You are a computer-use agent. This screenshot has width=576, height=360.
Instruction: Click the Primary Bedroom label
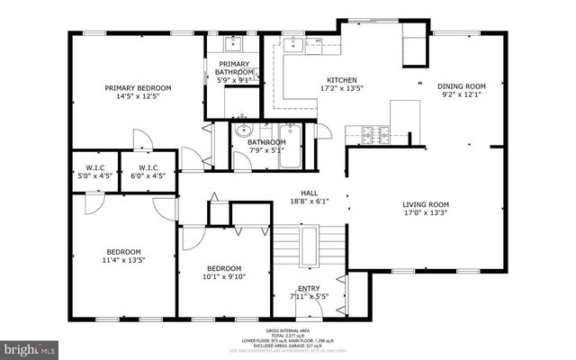138,93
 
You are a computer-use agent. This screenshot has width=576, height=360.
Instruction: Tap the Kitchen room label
316,84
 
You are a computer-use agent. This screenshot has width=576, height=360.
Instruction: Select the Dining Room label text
462,91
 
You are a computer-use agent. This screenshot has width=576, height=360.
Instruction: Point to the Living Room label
425,209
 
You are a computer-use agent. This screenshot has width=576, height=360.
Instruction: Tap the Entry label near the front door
309,292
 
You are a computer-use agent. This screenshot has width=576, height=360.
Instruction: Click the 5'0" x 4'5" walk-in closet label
94,171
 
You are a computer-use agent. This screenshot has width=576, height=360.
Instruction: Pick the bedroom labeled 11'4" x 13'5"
124,256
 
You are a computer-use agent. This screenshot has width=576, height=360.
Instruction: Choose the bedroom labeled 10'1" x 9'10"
223,273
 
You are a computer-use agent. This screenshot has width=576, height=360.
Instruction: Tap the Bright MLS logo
30,346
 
